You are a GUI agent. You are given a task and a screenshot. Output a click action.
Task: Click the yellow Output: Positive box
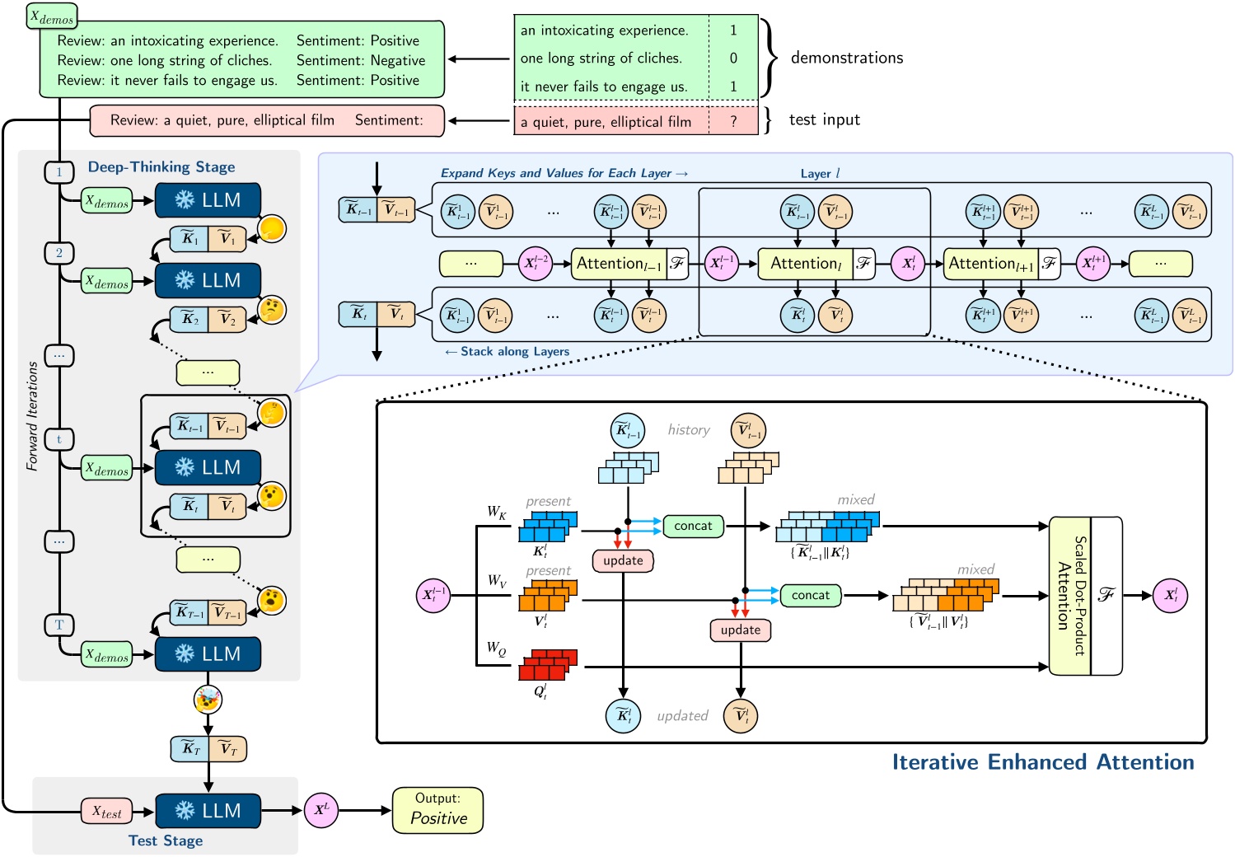437,810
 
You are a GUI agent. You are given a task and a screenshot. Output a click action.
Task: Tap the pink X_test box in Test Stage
106,812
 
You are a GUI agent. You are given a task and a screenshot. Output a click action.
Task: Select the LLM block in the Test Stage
208,811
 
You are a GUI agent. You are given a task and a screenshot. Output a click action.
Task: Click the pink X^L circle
320,810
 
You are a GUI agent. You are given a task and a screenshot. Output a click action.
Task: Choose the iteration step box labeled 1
58,172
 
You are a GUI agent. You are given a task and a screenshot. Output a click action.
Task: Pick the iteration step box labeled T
58,625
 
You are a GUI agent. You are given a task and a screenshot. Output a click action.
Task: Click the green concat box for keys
693,526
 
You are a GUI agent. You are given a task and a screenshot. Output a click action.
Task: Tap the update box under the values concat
741,630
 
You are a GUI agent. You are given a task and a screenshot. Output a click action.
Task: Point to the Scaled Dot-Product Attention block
1069,595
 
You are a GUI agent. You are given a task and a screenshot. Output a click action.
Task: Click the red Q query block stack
547,664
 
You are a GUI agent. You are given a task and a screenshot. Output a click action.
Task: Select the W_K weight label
497,513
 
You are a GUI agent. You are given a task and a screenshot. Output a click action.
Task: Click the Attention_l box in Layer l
804,264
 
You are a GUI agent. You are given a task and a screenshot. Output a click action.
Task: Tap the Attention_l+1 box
990,264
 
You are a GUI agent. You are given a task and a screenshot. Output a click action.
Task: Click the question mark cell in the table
733,121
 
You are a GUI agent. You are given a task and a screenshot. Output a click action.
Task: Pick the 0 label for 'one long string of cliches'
733,59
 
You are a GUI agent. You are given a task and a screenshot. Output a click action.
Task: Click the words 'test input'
824,119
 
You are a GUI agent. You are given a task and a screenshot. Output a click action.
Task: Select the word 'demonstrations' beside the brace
846,58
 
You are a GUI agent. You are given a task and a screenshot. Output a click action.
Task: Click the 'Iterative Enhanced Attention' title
1042,762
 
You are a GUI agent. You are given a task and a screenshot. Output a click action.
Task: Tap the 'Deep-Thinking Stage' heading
161,167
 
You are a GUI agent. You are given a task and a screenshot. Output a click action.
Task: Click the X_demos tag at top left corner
52,16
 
